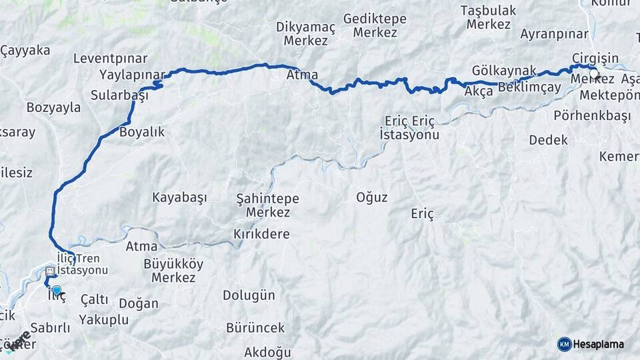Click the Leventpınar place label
click(x=110, y=58)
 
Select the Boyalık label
click(x=141, y=132)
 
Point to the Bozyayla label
click(x=53, y=107)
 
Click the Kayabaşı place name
click(x=179, y=197)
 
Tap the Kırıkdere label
click(x=261, y=234)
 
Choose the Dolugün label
click(x=249, y=295)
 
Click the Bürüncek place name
click(x=255, y=327)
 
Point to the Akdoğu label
click(x=268, y=352)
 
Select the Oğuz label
click(x=371, y=197)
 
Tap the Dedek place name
click(x=548, y=140)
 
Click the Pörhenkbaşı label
click(x=592, y=115)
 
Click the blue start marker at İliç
click(x=57, y=291)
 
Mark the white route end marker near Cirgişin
click(x=593, y=73)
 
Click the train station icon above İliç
click(x=51, y=272)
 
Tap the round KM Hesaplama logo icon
click(x=565, y=344)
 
